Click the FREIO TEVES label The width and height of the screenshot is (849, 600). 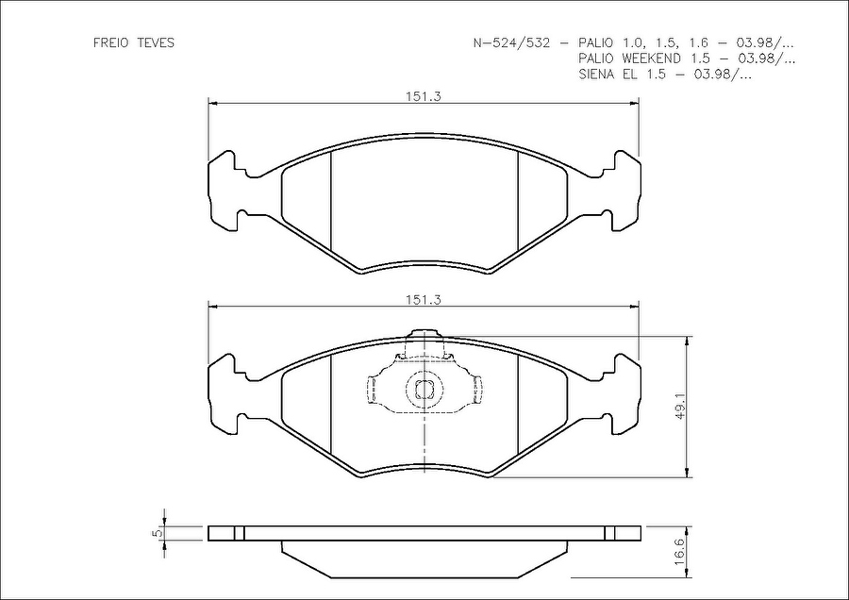[x=134, y=42]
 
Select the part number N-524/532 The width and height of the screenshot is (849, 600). [x=511, y=42]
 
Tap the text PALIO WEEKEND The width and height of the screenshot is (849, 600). [x=629, y=58]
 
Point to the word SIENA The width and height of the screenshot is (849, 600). [x=597, y=75]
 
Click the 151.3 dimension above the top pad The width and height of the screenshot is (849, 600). [x=424, y=96]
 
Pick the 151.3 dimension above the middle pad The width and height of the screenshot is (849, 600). [x=424, y=299]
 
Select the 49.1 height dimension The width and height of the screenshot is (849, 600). [x=680, y=408]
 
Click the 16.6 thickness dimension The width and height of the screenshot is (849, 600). [x=680, y=552]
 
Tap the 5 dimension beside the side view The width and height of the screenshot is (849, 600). [x=158, y=533]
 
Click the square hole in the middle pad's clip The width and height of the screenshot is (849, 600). [x=424, y=390]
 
